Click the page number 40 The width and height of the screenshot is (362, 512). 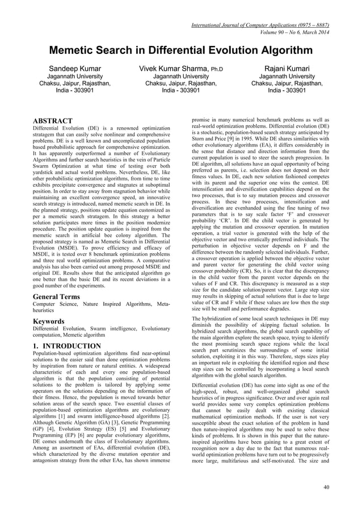coord(325,487)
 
